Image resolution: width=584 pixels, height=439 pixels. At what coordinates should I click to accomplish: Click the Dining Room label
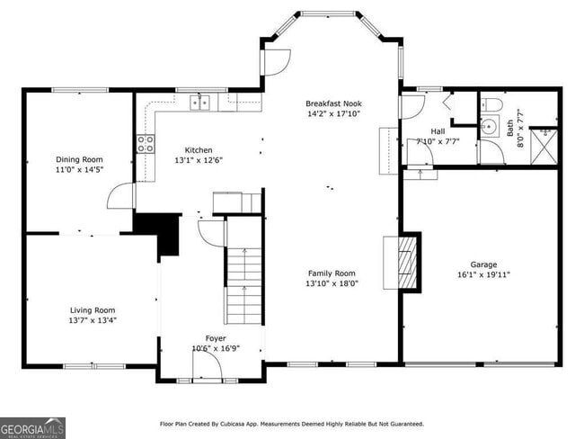(80, 158)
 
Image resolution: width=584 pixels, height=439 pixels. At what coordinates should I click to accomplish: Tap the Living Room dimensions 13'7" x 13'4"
(93, 319)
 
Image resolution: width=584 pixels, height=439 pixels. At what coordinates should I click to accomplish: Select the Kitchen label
(199, 150)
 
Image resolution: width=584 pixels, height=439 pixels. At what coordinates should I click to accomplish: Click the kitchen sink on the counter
(200, 103)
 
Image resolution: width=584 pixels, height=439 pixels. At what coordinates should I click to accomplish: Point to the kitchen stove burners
(144, 144)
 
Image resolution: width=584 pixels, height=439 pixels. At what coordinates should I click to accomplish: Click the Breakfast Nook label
(333, 103)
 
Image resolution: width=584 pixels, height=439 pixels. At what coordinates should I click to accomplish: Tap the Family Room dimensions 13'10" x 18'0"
(332, 282)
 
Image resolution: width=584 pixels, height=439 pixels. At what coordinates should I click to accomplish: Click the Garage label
(483, 264)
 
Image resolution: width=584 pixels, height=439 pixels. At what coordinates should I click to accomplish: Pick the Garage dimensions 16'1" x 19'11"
(483, 274)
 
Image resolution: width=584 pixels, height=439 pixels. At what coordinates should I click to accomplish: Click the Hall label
(438, 130)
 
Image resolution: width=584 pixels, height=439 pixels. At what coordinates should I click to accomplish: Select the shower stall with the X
(544, 146)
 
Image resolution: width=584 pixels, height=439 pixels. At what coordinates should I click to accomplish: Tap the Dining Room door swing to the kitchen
(121, 196)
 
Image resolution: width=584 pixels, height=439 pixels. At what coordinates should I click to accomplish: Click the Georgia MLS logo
(32, 427)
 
